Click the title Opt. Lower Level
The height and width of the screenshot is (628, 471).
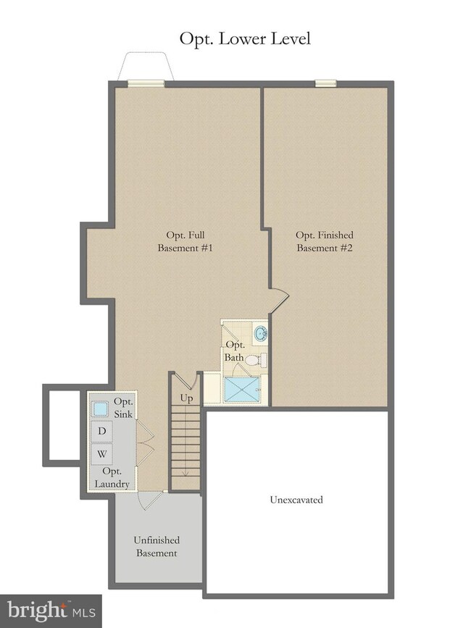[245, 38]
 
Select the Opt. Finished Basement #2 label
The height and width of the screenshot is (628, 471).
[325, 242]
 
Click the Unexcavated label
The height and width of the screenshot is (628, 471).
[296, 500]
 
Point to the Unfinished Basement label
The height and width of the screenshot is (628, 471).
[156, 546]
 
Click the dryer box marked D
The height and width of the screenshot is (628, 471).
[102, 432]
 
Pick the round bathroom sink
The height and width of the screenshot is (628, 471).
[261, 335]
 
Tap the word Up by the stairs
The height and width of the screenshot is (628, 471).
[186, 399]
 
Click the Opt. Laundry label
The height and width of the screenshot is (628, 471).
[112, 479]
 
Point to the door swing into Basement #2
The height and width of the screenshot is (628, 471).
[280, 297]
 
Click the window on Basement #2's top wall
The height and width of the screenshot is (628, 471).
[325, 84]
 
